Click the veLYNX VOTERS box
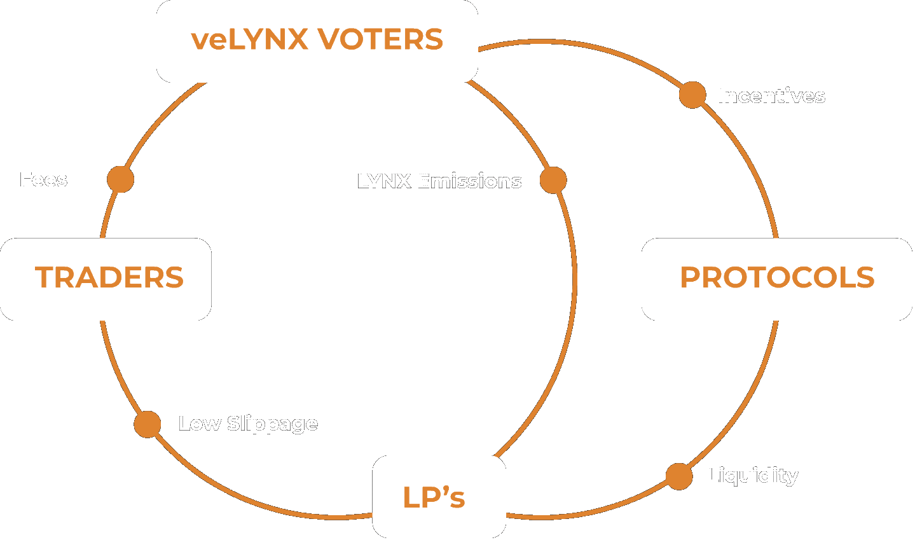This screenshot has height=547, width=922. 317,41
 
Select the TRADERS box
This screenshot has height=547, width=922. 106,279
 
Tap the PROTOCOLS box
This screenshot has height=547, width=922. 776,279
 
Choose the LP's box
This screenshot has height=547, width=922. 439,497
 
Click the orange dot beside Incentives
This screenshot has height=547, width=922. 692,95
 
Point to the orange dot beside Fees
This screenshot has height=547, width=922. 120,179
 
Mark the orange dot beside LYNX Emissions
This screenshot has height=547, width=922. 553,181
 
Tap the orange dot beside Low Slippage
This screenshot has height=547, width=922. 148,424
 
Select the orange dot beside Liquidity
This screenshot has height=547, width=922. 678,476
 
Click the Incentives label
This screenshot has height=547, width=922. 771,96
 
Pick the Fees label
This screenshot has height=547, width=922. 43,180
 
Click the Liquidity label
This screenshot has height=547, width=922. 752,476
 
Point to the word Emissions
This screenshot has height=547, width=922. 469,181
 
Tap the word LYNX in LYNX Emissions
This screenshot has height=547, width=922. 384,181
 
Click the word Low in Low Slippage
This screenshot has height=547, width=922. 200,424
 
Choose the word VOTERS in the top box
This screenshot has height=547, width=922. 380,39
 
